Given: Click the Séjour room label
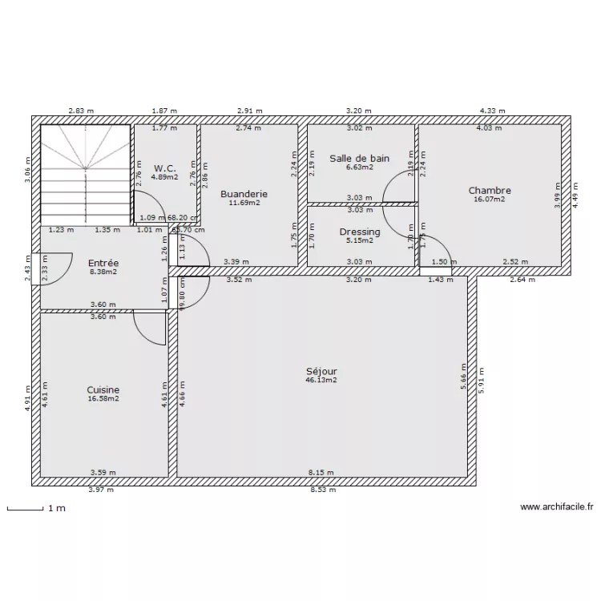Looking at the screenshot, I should pyautogui.click(x=321, y=371).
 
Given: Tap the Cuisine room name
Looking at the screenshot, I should pyautogui.click(x=103, y=389).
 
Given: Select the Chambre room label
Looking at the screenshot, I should pyautogui.click(x=490, y=191).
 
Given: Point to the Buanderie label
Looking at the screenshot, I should pyautogui.click(x=244, y=194).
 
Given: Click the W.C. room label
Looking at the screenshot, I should pyautogui.click(x=164, y=168).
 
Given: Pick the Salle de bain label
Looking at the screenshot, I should pyautogui.click(x=360, y=158).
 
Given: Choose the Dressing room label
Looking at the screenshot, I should pyautogui.click(x=360, y=232).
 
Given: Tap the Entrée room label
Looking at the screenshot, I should pyautogui.click(x=103, y=263).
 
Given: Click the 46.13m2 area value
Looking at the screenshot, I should pyautogui.click(x=321, y=381).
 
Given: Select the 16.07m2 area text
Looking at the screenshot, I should pyautogui.click(x=490, y=200).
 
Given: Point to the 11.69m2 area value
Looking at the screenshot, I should pyautogui.click(x=244, y=203).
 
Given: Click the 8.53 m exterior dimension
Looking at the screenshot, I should pyautogui.click(x=323, y=489).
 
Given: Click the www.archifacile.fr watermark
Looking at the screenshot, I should pyautogui.click(x=556, y=506).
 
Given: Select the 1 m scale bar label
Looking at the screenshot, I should pyautogui.click(x=56, y=508).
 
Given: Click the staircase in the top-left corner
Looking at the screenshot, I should pyautogui.click(x=85, y=175).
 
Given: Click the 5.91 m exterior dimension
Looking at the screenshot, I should pyautogui.click(x=482, y=377).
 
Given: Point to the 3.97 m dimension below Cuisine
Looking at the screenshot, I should pyautogui.click(x=101, y=489).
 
